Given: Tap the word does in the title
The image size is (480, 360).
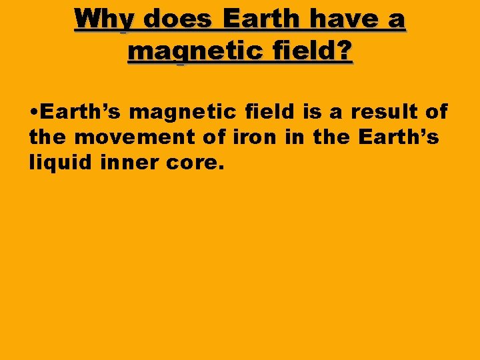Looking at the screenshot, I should click(x=178, y=19).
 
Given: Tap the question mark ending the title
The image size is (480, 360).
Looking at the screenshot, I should click(x=345, y=50).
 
